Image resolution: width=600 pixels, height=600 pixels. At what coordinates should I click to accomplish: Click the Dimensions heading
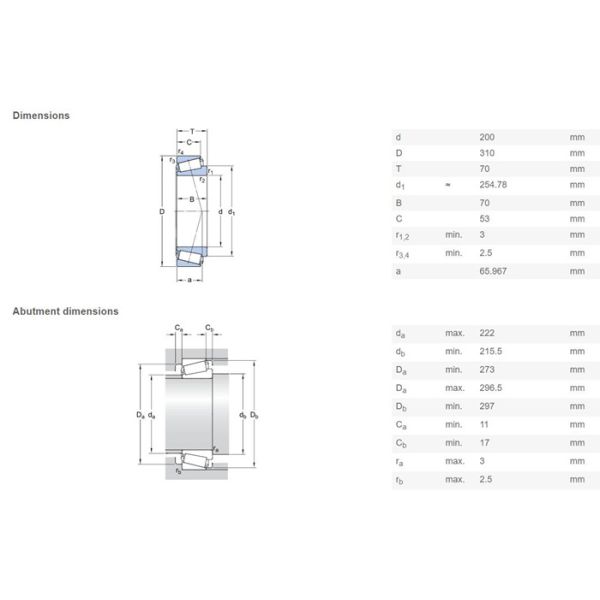41,115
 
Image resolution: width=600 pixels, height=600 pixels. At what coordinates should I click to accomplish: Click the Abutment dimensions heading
65,311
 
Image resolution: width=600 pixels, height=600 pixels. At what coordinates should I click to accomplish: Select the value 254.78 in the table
494,185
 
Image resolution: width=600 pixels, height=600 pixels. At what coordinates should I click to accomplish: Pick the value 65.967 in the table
494,271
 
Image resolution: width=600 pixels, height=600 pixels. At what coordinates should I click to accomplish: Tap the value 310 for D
488,152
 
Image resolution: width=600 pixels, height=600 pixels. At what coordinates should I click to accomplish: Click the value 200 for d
488,136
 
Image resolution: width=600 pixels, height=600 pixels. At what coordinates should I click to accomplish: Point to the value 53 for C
486,218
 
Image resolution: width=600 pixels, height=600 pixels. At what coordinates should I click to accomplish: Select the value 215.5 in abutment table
491,351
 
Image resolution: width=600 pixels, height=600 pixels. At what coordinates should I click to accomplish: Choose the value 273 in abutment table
488,368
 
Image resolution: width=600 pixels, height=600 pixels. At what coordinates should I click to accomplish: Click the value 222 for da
488,334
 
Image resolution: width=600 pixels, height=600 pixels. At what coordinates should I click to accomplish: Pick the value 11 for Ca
485,425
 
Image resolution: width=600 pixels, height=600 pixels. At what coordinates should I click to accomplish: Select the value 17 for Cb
485,442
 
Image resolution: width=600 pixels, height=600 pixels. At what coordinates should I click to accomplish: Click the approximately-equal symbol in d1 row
447,185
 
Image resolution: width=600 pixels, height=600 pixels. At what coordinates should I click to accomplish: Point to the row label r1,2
403,236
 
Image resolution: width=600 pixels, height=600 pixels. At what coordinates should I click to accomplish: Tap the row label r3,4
403,254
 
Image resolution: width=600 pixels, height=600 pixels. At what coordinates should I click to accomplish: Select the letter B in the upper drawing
191,200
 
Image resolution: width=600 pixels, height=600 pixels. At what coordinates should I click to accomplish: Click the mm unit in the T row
576,169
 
